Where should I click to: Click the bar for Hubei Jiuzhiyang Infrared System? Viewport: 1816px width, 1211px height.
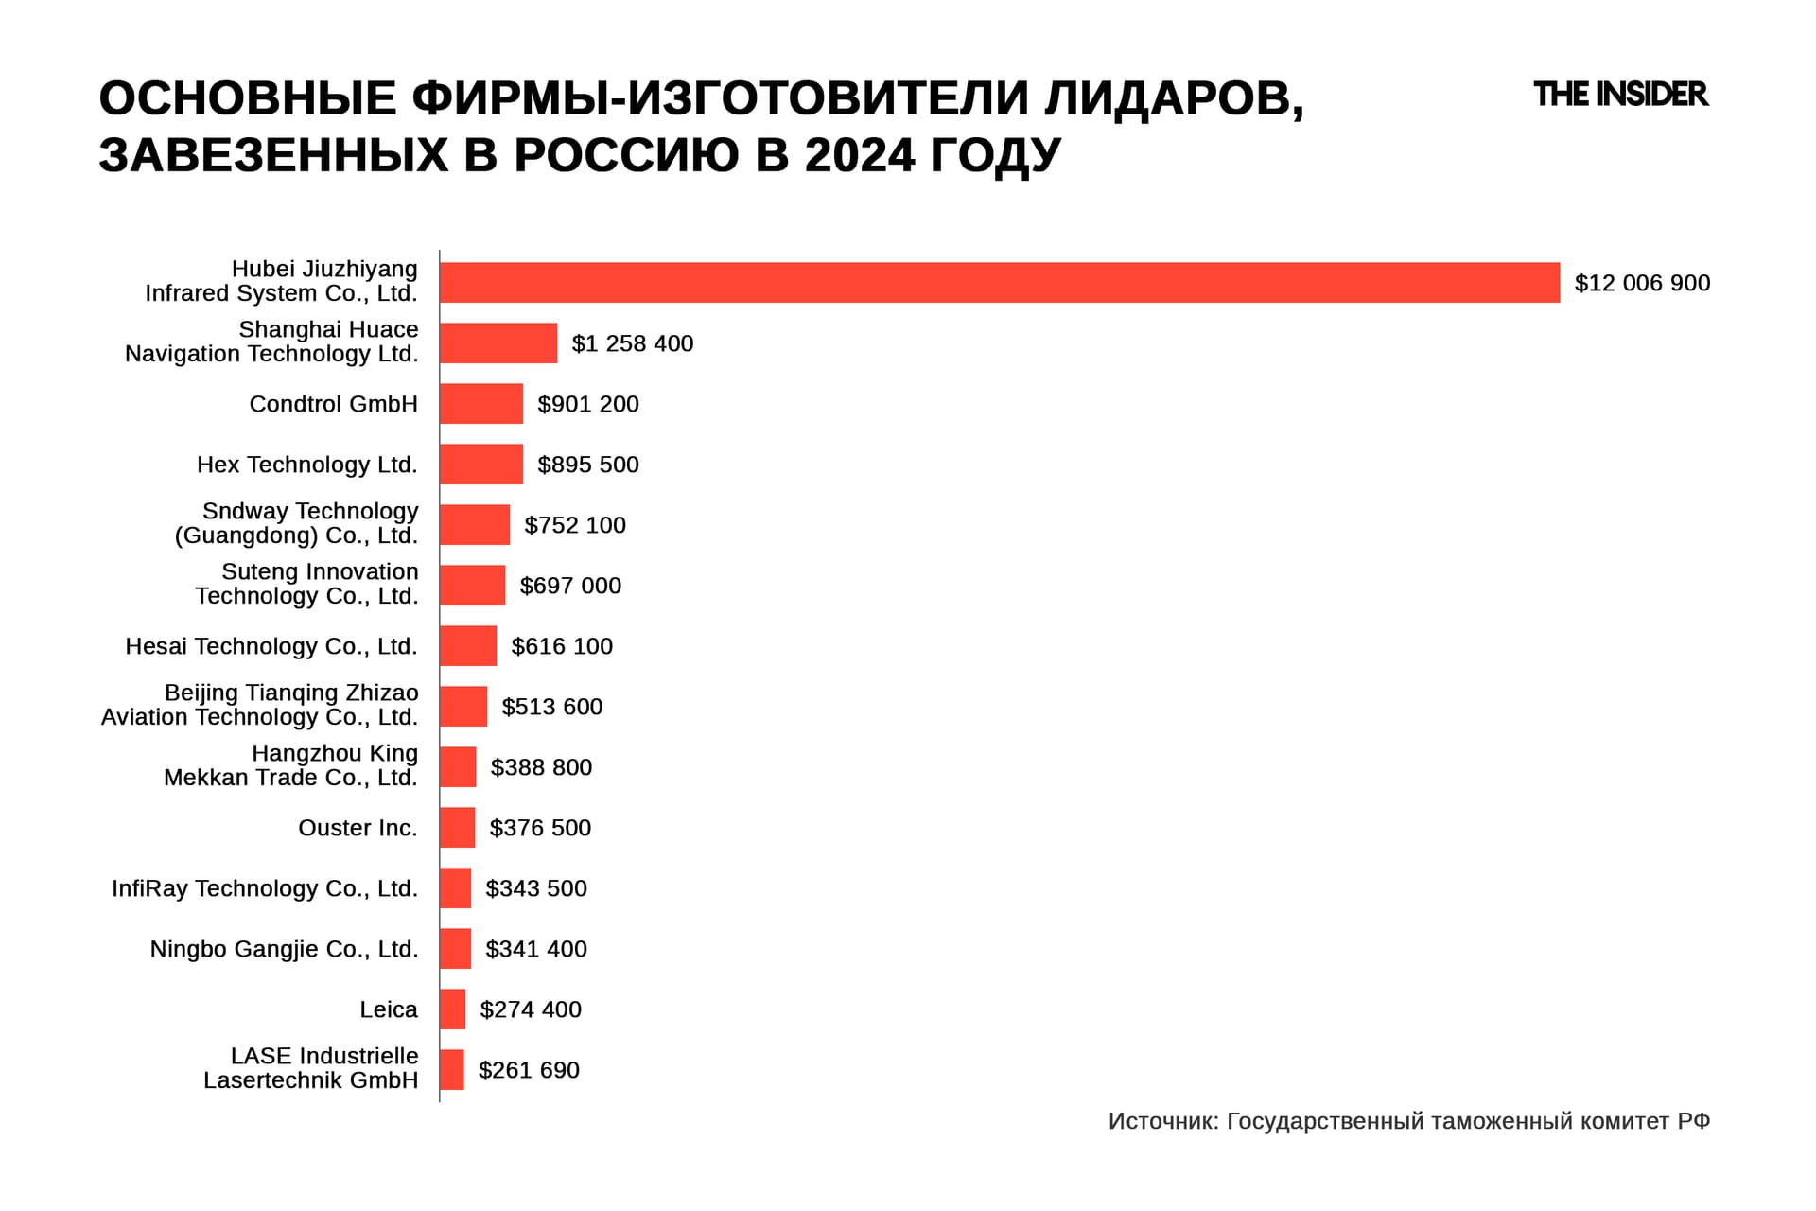coord(999,283)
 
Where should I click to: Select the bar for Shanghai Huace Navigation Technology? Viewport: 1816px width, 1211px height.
coord(498,343)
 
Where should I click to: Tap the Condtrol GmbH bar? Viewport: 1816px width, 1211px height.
coord(481,404)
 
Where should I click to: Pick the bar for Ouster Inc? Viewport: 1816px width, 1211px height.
coord(458,828)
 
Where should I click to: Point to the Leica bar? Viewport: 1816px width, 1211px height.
coord(453,1009)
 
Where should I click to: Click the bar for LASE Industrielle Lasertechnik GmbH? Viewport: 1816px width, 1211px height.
coord(452,1070)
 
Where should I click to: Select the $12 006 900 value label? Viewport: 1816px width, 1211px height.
coord(1642,283)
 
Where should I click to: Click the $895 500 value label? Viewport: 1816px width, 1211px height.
coord(588,465)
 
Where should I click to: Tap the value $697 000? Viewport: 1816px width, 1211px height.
coord(570,586)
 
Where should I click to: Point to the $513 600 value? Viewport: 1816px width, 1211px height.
coord(552,707)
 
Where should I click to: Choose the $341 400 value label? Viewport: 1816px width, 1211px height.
coord(536,949)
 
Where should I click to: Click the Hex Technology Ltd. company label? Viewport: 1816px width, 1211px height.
coord(307,465)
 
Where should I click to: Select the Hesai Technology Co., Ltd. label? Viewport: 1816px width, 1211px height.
coord(271,646)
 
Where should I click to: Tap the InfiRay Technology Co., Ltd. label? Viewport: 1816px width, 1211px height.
coord(265,888)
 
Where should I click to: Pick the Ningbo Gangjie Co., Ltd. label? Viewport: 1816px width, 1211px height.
coord(284,949)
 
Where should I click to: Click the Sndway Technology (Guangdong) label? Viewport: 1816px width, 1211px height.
coord(296,523)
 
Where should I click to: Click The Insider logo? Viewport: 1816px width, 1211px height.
coord(1620,95)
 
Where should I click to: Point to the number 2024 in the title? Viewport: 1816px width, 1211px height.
coord(860,155)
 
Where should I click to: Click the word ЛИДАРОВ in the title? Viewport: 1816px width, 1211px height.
coord(1174,98)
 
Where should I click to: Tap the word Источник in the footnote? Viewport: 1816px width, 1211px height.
coord(1162,1122)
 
